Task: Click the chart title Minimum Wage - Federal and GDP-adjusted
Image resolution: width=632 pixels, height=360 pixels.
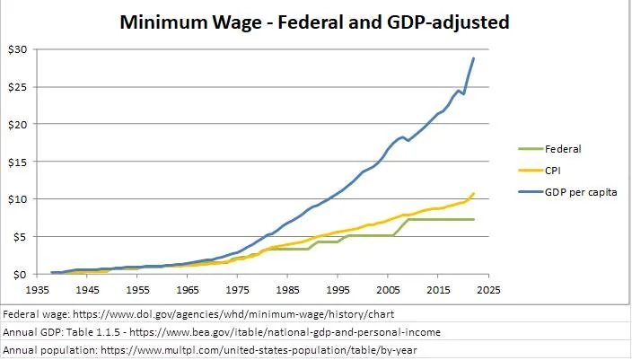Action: (314, 22)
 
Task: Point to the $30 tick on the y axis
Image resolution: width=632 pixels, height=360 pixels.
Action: (19, 48)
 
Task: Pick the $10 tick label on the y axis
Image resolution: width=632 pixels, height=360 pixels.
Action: (19, 198)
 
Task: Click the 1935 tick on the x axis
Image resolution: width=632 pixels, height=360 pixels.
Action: (37, 291)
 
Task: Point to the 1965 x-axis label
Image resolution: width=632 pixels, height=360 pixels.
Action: (187, 291)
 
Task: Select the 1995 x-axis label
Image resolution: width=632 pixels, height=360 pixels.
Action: (338, 291)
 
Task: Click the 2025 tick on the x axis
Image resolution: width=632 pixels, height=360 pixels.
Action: (488, 291)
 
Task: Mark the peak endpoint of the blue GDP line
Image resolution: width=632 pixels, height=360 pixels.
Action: (474, 58)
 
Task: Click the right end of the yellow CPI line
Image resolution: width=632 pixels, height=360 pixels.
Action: (474, 193)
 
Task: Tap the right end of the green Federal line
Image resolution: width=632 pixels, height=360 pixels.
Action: (474, 219)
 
